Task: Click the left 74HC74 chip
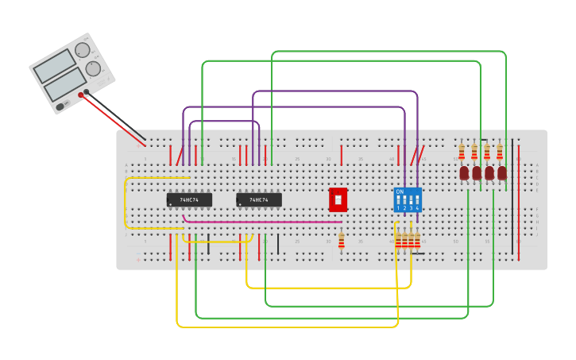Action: pyautogui.click(x=189, y=199)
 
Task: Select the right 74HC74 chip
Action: pyautogui.click(x=258, y=199)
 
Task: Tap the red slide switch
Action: pyautogui.click(x=338, y=199)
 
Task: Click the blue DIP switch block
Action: pyautogui.click(x=408, y=199)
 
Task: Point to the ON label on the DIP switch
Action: pyautogui.click(x=400, y=192)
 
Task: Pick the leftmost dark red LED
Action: pyautogui.click(x=464, y=172)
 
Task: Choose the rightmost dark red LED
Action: pyautogui.click(x=502, y=172)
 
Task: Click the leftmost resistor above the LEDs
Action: pyautogui.click(x=462, y=151)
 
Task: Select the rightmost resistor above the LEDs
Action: pyautogui.click(x=500, y=151)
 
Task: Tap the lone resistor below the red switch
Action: pyautogui.click(x=342, y=240)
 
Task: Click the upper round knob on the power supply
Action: pyautogui.click(x=82, y=51)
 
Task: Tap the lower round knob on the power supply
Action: pyautogui.click(x=93, y=68)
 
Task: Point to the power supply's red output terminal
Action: pyautogui.click(x=81, y=95)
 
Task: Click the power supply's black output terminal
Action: pyautogui.click(x=87, y=92)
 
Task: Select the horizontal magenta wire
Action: pyautogui.click(x=262, y=222)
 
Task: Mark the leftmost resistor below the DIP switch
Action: pyautogui.click(x=398, y=240)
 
